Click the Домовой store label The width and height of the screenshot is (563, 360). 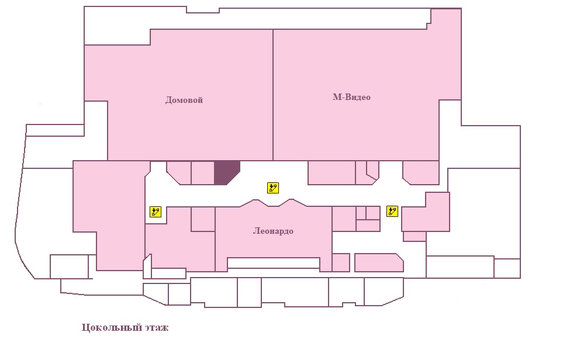click(x=184, y=100)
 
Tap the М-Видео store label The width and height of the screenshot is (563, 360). click(x=351, y=97)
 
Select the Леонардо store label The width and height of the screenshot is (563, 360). click(x=273, y=231)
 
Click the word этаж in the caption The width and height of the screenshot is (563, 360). click(x=157, y=327)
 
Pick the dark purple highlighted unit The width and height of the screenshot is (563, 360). click(x=226, y=172)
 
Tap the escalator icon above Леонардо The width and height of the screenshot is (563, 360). click(x=273, y=188)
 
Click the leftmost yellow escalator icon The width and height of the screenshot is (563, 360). click(x=156, y=212)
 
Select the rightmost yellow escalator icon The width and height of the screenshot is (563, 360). click(x=392, y=211)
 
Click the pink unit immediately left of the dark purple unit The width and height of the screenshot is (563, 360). click(x=202, y=172)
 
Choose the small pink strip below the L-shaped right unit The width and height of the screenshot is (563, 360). click(x=415, y=236)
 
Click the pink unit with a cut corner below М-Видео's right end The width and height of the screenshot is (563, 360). click(x=421, y=172)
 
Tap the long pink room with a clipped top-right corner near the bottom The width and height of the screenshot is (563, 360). click(x=379, y=263)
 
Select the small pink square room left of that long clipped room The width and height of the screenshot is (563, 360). click(x=341, y=262)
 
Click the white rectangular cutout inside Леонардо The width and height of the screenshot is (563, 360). click(x=274, y=263)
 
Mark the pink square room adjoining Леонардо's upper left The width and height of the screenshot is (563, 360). click(x=203, y=219)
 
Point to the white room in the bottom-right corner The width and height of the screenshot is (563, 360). click(x=507, y=268)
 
